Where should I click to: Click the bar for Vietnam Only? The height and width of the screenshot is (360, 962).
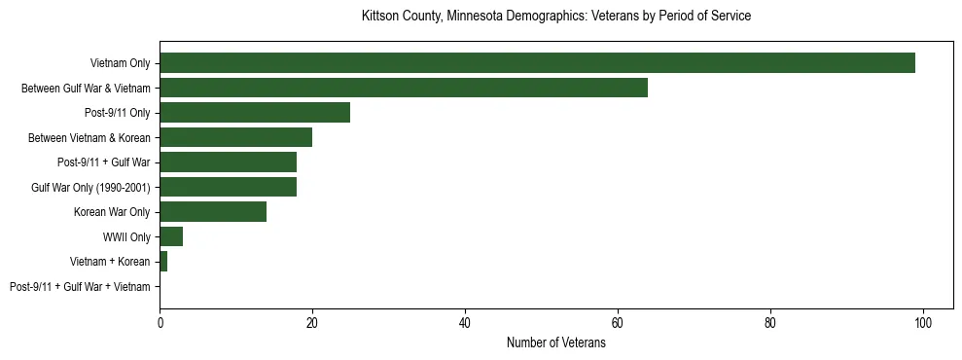coord(537,63)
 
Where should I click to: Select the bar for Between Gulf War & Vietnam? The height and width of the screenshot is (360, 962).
coord(404,88)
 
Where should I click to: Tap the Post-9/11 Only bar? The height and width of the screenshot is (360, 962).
coord(255,113)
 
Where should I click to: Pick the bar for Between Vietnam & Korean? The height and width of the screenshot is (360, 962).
coord(235,137)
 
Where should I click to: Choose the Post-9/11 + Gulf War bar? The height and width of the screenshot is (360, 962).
coord(228,162)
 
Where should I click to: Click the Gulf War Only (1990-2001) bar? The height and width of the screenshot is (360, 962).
coord(228,187)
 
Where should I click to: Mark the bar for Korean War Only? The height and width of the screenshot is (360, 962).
coord(213,212)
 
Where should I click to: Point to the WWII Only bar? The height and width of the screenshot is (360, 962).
coord(171,236)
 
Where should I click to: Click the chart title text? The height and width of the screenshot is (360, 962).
coord(555,17)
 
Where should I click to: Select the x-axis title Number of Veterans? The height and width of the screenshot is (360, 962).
coord(555,343)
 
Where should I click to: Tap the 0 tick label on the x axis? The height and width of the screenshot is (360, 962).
coord(160,323)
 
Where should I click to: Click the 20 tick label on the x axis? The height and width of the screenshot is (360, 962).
coord(312,323)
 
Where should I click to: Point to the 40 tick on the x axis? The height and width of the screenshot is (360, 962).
coord(465,323)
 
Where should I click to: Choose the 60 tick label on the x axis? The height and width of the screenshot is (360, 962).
coord(618,323)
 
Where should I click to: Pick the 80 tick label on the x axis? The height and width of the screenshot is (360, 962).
coord(770,323)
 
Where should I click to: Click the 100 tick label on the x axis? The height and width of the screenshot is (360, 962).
coord(923,323)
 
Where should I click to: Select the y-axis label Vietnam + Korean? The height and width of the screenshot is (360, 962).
coord(110,262)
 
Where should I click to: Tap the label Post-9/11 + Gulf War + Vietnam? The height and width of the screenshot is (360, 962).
coord(80,287)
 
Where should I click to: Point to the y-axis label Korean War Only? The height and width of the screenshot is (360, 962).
coord(112,212)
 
